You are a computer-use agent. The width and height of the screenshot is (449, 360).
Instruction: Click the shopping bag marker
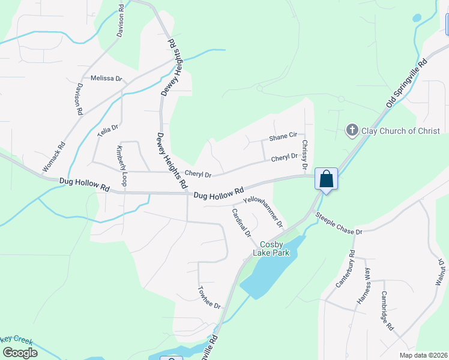coord(326,179)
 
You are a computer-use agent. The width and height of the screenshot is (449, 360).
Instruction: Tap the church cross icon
coord(352,130)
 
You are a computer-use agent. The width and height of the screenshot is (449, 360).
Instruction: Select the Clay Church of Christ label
coord(400,131)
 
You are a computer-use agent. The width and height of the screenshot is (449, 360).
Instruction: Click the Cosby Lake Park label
coord(274,248)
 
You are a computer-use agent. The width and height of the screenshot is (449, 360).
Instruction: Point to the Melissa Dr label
coord(106,79)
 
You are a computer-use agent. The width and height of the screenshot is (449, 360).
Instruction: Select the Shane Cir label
coord(283,137)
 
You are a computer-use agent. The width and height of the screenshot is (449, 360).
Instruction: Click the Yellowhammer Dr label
coord(263,211)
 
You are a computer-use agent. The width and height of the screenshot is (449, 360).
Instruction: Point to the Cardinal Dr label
coord(241,222)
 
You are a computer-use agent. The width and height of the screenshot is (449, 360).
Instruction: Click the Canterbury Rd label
coord(346,269)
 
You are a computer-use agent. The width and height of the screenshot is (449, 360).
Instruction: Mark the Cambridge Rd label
coord(387,311)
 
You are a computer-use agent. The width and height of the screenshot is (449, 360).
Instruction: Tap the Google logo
coord(20,352)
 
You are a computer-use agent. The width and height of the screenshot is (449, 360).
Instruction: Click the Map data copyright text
coord(423,355)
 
